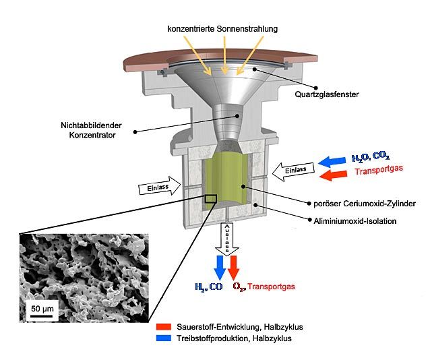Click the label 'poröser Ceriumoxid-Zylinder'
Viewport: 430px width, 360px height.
tap(343, 202)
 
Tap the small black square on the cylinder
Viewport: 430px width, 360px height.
tap(211, 198)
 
